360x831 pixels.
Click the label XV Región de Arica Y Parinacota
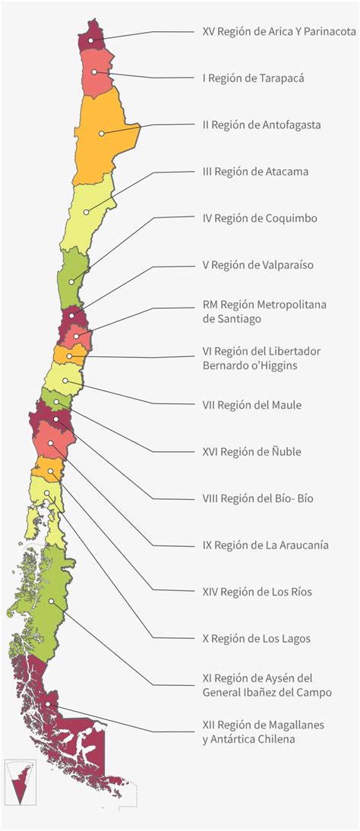279,32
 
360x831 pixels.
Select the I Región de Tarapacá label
254,78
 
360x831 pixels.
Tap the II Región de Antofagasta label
261,125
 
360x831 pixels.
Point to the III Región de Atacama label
255,172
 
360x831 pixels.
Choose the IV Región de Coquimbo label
259,219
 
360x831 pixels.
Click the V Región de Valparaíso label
257,265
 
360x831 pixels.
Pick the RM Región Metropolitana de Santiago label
264,311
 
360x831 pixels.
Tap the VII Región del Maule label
252,405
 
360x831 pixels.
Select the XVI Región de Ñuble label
251,452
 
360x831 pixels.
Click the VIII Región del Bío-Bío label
257,498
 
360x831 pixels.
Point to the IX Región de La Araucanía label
265,545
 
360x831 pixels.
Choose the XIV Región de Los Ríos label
257,592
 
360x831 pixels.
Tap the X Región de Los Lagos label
256,638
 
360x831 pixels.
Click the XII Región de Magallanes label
263,731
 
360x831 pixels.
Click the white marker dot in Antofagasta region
101,132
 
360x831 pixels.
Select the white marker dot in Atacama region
86,212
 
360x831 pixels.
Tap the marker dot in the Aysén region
51,601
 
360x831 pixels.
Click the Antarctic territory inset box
20,782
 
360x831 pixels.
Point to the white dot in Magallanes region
49,705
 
